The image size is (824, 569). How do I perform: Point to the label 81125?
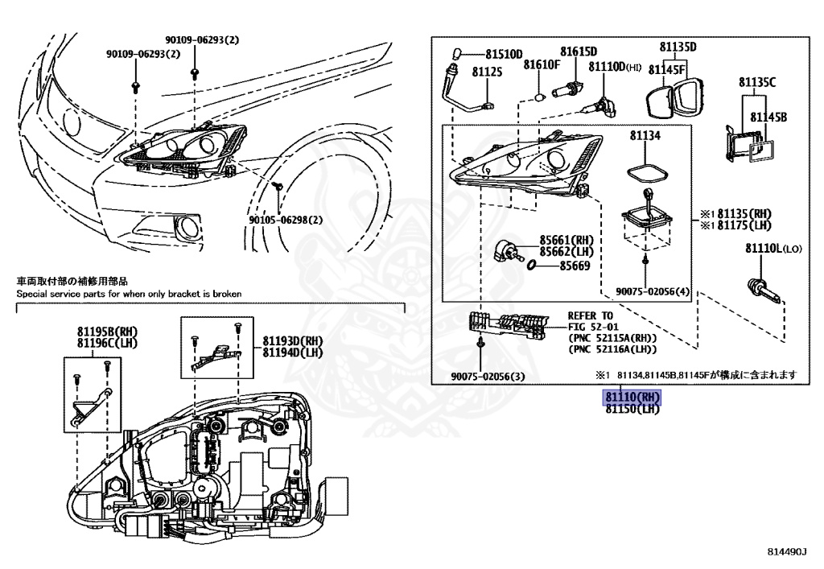pos(487,72)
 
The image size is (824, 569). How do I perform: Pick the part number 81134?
pos(645,137)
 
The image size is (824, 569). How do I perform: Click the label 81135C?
pos(757,82)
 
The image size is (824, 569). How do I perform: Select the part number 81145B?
pos(768,118)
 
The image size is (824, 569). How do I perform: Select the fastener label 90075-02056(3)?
pos(487,377)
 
